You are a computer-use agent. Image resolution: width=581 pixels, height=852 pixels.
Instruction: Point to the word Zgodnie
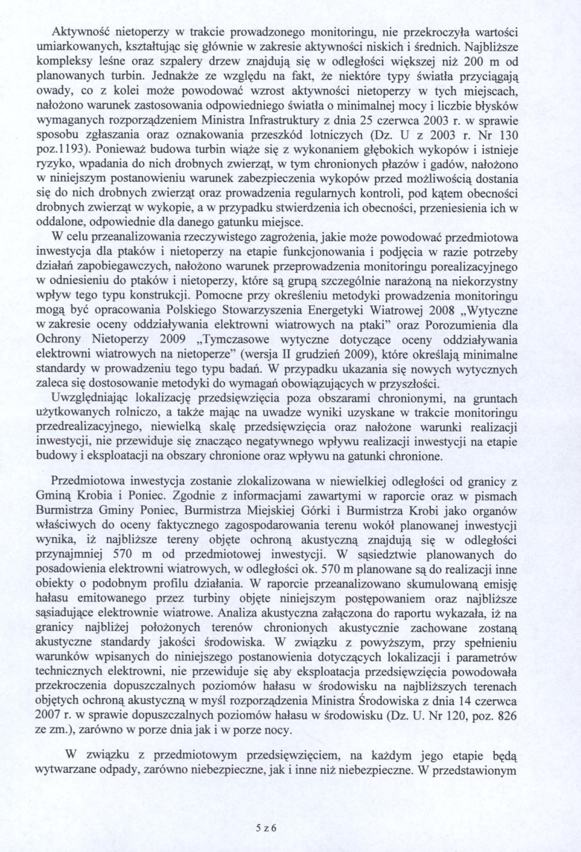(x=202, y=495)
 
